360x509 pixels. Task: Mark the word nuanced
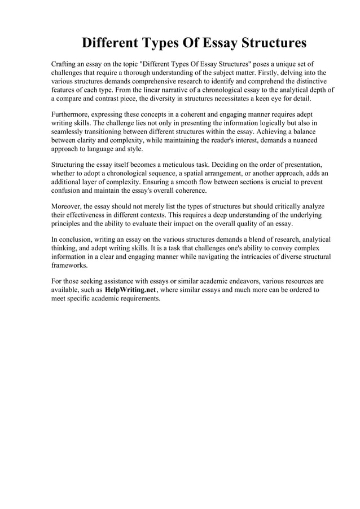click(302, 140)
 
